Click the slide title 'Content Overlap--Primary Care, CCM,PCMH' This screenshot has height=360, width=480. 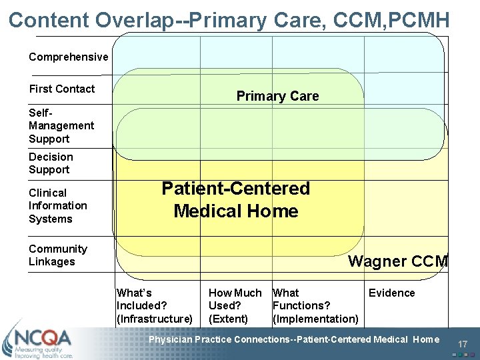pyautogui.click(x=229, y=19)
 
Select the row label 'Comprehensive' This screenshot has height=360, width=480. pyautogui.click(x=68, y=57)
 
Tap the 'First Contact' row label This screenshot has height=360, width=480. pyautogui.click(x=62, y=89)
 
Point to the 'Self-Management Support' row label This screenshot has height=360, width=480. pyautogui.click(x=61, y=126)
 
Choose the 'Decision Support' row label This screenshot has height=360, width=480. pyautogui.click(x=51, y=163)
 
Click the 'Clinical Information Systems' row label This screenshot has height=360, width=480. pyautogui.click(x=58, y=205)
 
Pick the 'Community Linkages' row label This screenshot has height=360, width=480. pyautogui.click(x=58, y=255)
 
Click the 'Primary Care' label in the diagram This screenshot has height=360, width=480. pyautogui.click(x=277, y=96)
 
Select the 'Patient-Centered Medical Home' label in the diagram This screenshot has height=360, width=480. pyautogui.click(x=236, y=200)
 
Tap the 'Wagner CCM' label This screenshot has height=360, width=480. pyautogui.click(x=398, y=261)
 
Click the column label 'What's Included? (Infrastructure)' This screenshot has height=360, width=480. pyautogui.click(x=155, y=306)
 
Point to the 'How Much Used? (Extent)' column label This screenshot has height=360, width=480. pyautogui.click(x=235, y=306)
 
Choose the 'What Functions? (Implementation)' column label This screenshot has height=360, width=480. pyautogui.click(x=315, y=306)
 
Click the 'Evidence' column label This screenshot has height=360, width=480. pyautogui.click(x=391, y=293)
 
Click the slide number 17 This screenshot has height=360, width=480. pyautogui.click(x=464, y=344)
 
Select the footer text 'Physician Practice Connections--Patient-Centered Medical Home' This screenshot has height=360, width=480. pyautogui.click(x=294, y=340)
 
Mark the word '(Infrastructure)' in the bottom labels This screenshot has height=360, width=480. pyautogui.click(x=155, y=319)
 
